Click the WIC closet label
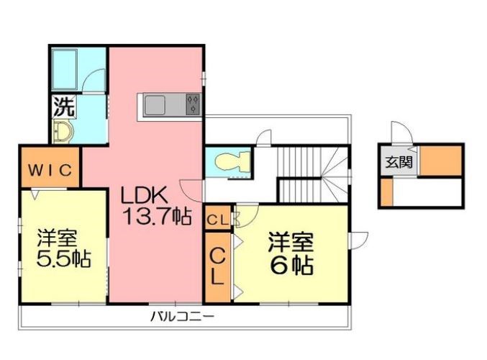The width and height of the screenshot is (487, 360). click(50, 170)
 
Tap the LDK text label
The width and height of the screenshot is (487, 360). click(144, 194)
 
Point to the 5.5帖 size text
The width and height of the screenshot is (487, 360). click(64, 259)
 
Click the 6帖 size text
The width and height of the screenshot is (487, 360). click(292, 265)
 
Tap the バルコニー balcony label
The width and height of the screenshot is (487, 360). click(182, 316)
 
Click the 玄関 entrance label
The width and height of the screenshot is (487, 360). click(398, 162)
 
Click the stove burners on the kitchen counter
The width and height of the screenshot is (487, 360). click(193, 105)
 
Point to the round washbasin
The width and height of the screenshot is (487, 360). click(63, 132)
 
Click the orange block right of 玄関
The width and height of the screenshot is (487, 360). click(440, 161)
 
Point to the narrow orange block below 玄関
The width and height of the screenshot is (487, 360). click(387, 193)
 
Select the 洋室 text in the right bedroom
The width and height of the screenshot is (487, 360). click(291, 240)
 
